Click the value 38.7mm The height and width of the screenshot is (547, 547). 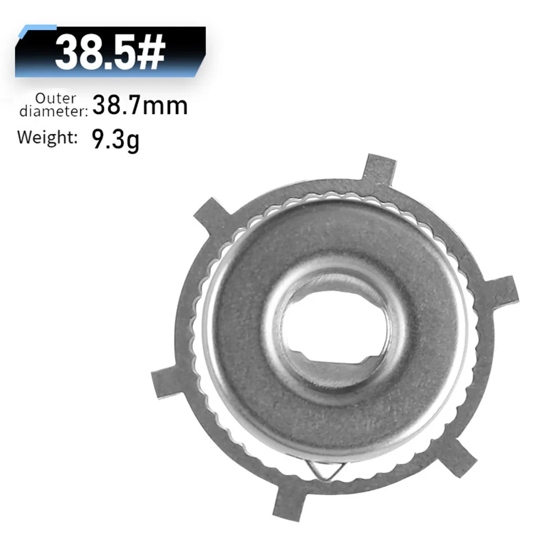pyautogui.click(x=140, y=105)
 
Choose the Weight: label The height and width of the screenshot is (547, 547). pyautogui.click(x=47, y=137)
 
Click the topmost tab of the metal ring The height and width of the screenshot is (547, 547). pyautogui.click(x=379, y=167)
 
